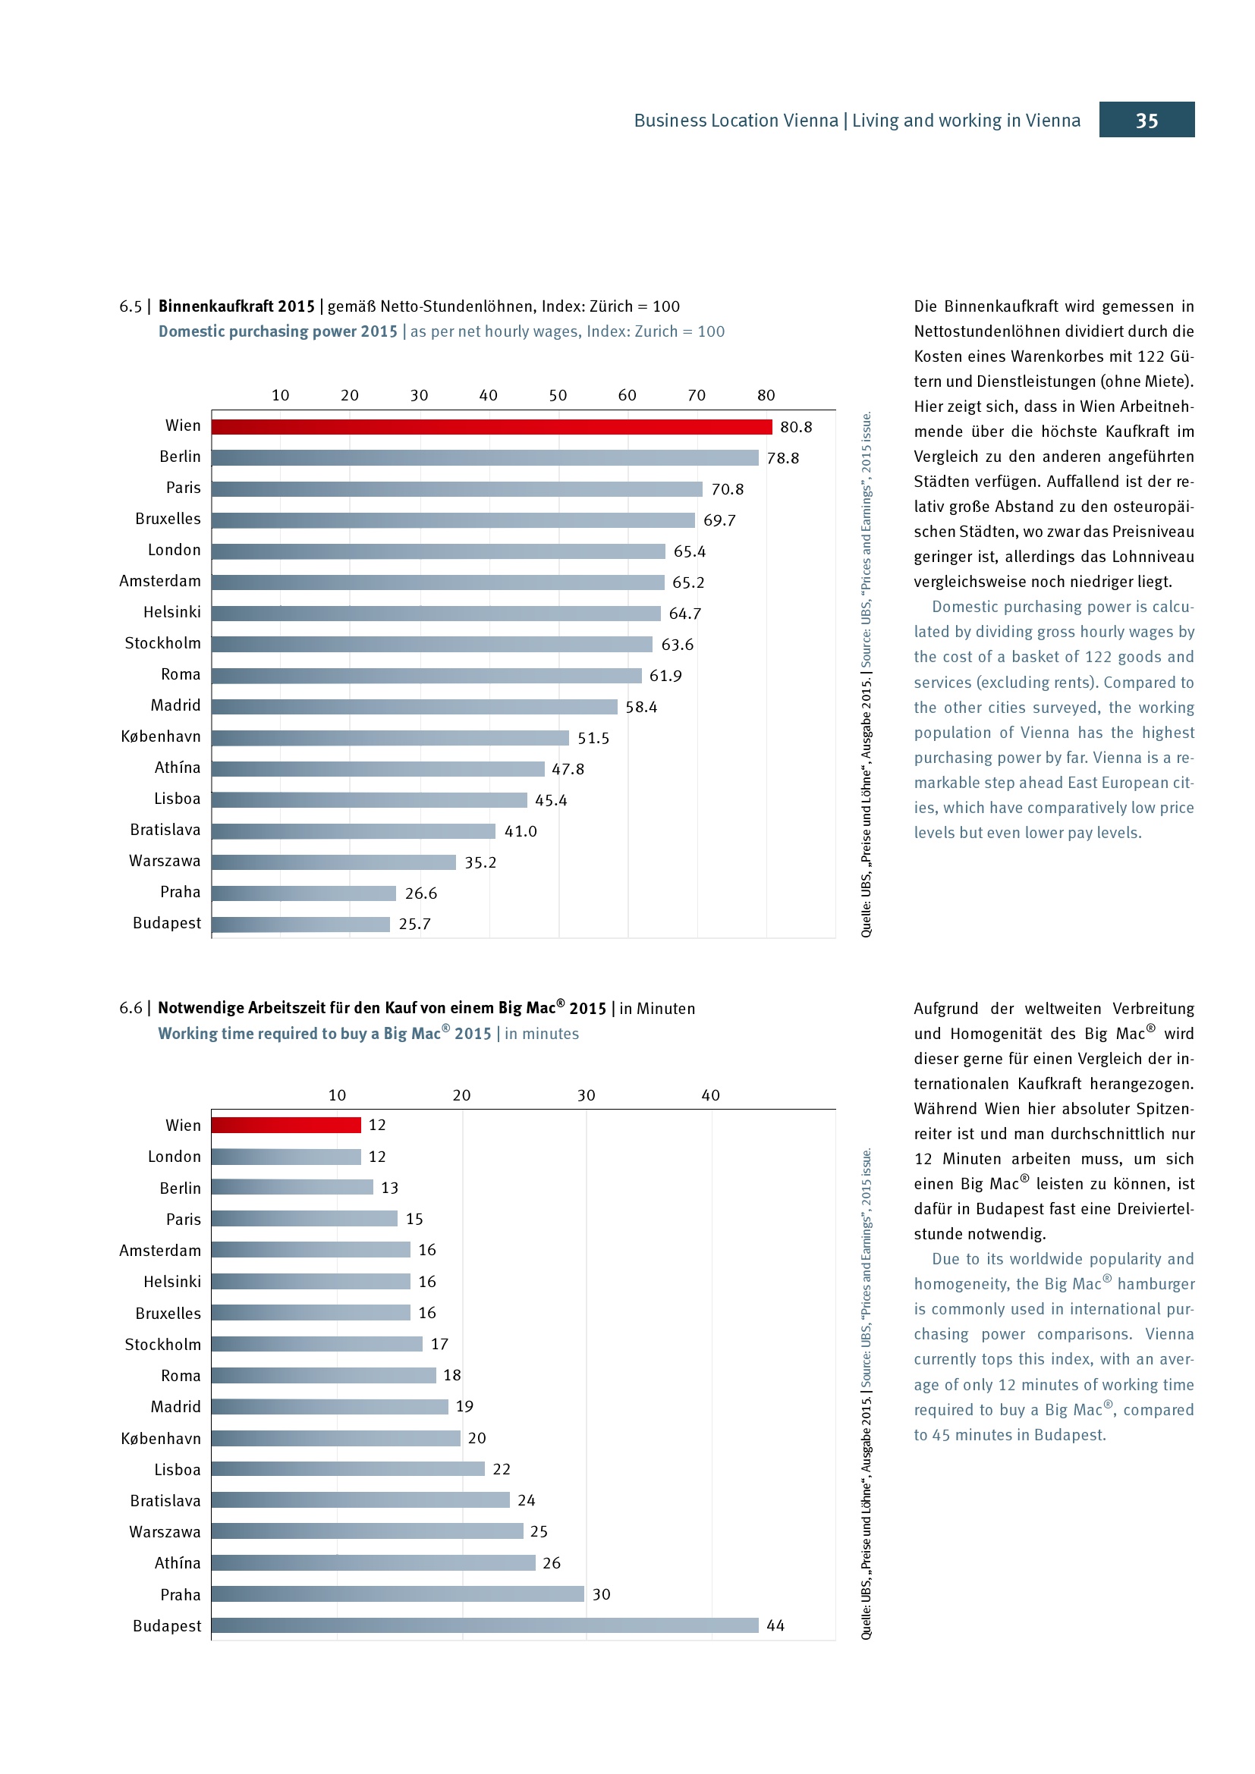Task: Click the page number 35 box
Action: pos(1146,120)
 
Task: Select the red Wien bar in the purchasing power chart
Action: pos(492,426)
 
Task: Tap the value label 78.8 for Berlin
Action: pos(783,458)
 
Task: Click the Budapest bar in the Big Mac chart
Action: pos(485,1625)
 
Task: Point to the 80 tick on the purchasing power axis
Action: pos(766,396)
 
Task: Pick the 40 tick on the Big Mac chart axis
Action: pos(710,1095)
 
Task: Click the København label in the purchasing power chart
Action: pos(161,736)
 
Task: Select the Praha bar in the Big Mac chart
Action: pos(397,1594)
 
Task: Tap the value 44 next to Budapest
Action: pos(775,1625)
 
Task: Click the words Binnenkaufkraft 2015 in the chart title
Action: pos(237,306)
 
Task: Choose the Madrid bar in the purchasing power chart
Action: pos(414,706)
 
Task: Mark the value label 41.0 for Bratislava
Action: pos(520,831)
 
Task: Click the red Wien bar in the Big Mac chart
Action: pos(286,1125)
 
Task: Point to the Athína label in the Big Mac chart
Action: pos(177,1563)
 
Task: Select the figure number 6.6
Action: pos(131,1008)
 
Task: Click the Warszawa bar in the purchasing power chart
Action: pos(334,862)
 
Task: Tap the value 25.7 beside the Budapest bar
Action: pos(414,924)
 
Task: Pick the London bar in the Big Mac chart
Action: pos(286,1157)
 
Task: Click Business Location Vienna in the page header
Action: pos(736,121)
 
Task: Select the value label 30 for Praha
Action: pos(601,1594)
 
